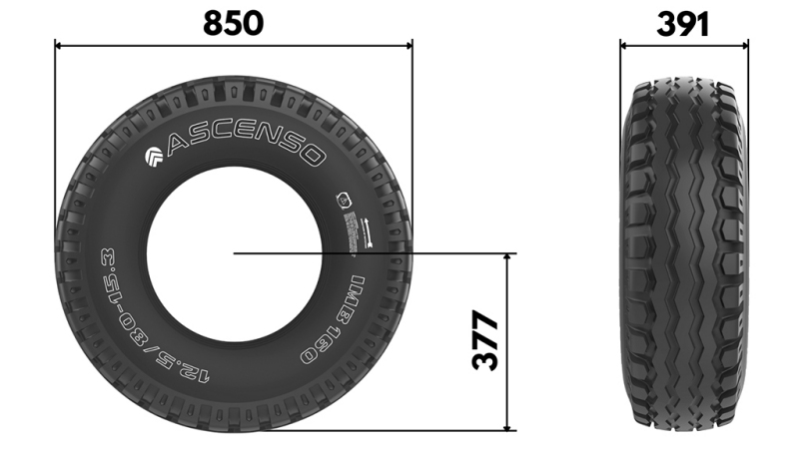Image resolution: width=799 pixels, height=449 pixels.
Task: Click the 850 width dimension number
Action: pyautogui.click(x=233, y=22)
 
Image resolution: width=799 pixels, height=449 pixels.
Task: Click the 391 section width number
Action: pyautogui.click(x=683, y=22)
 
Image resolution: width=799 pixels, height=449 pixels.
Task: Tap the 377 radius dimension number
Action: pyautogui.click(x=485, y=341)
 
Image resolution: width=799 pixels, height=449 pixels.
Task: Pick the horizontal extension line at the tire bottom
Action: pyautogui.click(x=399, y=431)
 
